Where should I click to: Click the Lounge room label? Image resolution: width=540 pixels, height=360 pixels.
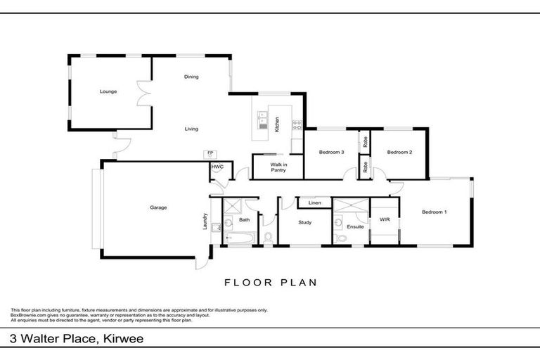108,91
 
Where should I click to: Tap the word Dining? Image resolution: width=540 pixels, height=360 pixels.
191,77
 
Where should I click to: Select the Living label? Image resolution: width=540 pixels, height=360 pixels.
191,129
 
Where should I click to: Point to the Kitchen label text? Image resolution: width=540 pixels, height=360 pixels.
278,124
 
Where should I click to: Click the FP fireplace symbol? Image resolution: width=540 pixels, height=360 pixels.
210,153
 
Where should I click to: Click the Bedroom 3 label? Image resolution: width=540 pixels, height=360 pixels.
330,152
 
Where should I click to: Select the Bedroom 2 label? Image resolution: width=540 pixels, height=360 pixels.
399,152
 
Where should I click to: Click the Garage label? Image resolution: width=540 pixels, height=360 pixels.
157,207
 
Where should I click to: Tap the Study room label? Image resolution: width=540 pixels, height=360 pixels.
304,223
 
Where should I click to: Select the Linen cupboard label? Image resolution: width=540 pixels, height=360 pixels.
314,204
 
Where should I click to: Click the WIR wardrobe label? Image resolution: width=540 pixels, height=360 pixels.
384,220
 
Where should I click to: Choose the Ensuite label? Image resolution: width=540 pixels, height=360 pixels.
355,226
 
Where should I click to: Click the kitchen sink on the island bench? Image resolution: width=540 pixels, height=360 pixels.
263,119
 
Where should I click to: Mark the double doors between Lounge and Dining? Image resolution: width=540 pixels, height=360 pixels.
145,93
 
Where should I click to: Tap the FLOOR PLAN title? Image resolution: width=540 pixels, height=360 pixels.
270,283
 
